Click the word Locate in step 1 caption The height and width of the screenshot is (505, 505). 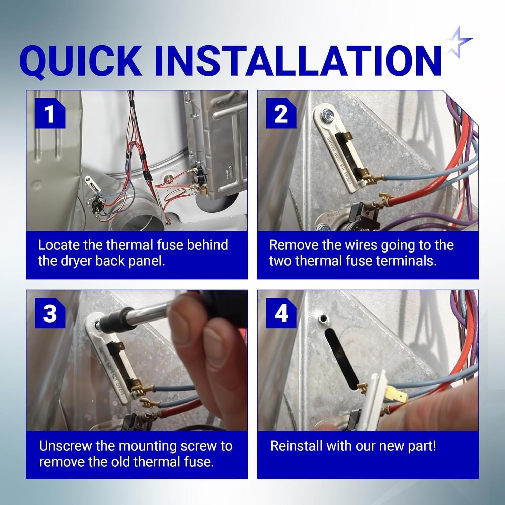click(59, 245)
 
